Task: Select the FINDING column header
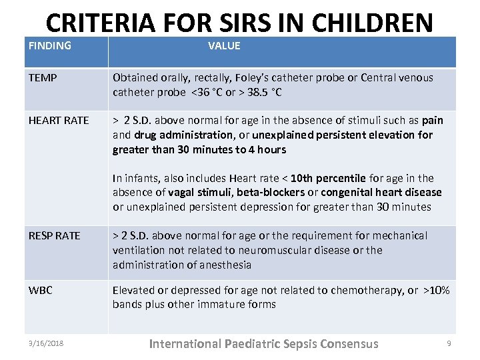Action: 50,46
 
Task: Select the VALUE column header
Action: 224,46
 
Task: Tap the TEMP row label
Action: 43,78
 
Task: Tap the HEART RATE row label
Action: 59,121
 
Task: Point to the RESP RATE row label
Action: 54,236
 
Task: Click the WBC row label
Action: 40,291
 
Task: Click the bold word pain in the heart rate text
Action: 433,121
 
